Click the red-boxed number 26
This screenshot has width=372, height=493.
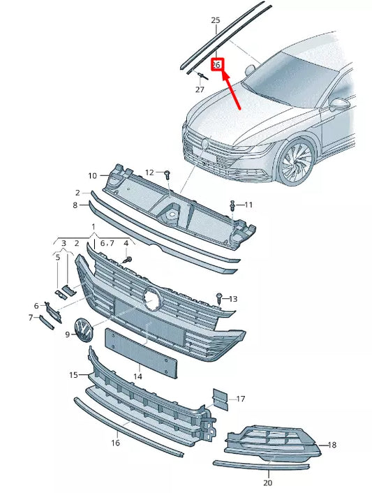(216, 64)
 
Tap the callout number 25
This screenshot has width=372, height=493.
(215, 20)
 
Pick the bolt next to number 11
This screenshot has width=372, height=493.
(232, 205)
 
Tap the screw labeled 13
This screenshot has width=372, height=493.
(220, 298)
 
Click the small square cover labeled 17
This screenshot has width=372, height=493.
(220, 399)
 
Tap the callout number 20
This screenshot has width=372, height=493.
(268, 483)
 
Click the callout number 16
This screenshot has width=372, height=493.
(116, 443)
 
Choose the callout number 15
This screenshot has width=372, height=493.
(73, 375)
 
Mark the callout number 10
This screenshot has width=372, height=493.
(92, 175)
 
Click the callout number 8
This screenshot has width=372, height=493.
(75, 205)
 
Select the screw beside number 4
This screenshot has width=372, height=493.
(128, 260)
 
